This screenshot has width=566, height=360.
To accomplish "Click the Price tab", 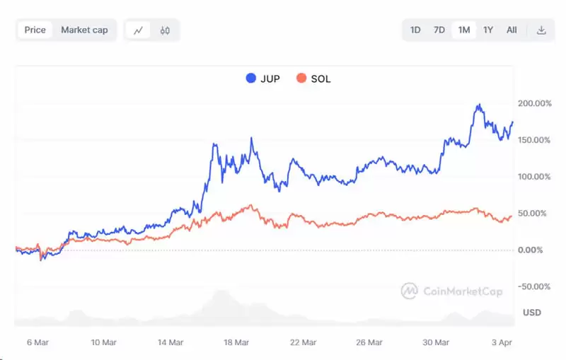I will (35, 30).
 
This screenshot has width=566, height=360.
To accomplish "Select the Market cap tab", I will (84, 30).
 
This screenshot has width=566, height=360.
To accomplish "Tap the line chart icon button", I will (139, 30).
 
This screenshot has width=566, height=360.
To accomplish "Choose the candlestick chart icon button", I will (165, 30).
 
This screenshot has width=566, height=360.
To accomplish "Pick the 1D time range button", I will (415, 30).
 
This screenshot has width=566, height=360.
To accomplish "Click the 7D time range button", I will (439, 30).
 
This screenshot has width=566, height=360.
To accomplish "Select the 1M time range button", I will (464, 30).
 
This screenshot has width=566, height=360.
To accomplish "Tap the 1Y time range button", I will (488, 30).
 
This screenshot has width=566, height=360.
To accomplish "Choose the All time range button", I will (512, 30).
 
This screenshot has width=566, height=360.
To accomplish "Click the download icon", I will (541, 30).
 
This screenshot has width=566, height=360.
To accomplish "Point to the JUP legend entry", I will (262, 79).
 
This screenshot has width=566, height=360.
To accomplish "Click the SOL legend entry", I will (313, 79).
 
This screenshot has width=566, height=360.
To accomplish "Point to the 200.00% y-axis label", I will (535, 103).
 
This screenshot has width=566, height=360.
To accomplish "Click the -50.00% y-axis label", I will (535, 286).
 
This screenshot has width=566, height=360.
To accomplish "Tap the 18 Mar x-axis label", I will (237, 342).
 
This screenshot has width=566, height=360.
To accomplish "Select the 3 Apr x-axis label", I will (502, 342).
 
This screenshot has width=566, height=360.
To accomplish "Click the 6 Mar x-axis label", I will (37, 342).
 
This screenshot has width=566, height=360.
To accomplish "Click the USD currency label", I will (532, 312).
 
